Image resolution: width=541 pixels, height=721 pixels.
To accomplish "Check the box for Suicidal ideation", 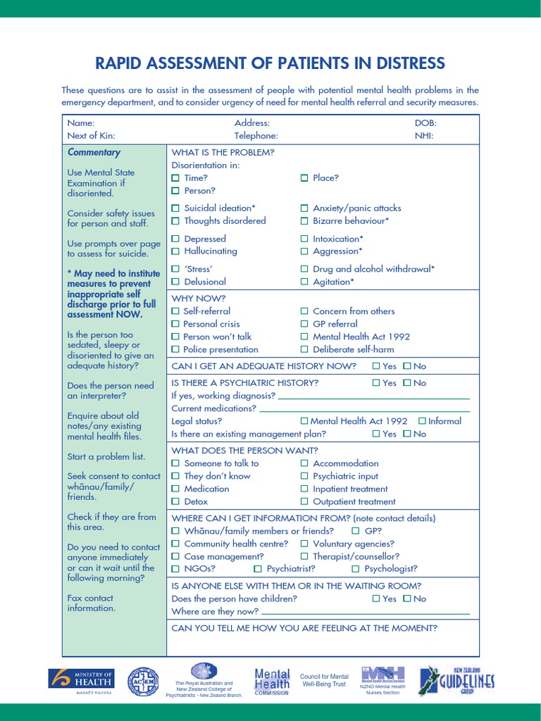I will point(176,208).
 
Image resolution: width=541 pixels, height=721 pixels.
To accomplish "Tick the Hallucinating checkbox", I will point(176,251).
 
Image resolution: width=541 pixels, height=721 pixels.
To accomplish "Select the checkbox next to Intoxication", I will point(304,239).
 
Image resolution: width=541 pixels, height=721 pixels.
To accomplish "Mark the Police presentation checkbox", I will point(176,350).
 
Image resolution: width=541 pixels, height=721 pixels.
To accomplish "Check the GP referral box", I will point(304,324).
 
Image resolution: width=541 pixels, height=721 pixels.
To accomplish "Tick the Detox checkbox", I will point(176,502).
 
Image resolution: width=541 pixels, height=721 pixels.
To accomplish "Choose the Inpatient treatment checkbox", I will point(304,489).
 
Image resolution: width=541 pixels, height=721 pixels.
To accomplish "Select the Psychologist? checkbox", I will point(356,569).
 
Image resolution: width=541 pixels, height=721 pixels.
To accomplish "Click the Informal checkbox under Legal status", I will point(422,421).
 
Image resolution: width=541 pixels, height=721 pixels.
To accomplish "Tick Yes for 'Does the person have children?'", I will point(375,598).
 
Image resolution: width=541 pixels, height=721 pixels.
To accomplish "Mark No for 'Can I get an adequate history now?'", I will point(406,366).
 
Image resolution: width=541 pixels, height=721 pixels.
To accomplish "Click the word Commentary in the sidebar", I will point(94,152).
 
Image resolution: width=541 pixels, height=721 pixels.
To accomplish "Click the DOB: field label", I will point(425,123).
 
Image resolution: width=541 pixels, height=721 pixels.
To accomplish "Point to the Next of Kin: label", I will point(91,136).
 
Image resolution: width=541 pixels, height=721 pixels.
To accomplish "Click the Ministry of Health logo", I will point(81,682).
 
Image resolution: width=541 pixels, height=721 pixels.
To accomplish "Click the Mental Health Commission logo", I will point(271,681).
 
